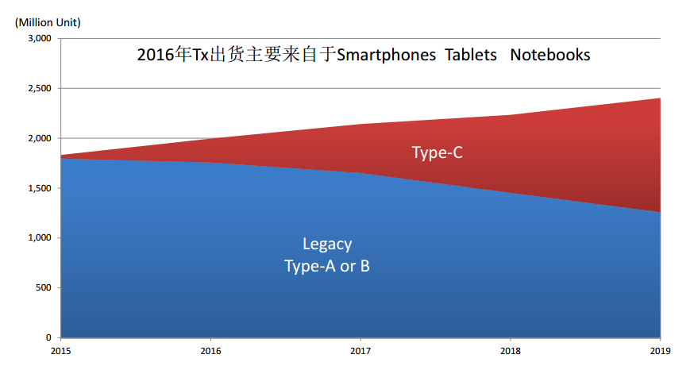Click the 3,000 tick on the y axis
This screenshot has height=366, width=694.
39,38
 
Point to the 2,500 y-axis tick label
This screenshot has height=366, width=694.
39,88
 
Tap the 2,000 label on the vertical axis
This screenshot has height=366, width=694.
39,138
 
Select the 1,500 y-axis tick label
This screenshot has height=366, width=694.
39,188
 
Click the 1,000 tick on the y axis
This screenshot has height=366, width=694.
39,237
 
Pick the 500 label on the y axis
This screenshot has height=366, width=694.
43,287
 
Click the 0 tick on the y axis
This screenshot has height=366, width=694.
48,337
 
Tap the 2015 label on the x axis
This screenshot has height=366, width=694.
60,350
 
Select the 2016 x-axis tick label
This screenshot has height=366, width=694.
210,350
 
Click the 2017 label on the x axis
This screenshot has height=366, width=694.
360,350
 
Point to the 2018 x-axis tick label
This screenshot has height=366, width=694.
511,350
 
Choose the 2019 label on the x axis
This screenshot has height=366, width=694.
661,350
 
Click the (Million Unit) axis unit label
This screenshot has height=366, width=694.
48,21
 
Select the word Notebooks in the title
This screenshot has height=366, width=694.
550,55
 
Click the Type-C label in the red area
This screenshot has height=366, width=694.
437,152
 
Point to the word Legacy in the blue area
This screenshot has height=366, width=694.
327,244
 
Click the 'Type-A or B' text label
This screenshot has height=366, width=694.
327,266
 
